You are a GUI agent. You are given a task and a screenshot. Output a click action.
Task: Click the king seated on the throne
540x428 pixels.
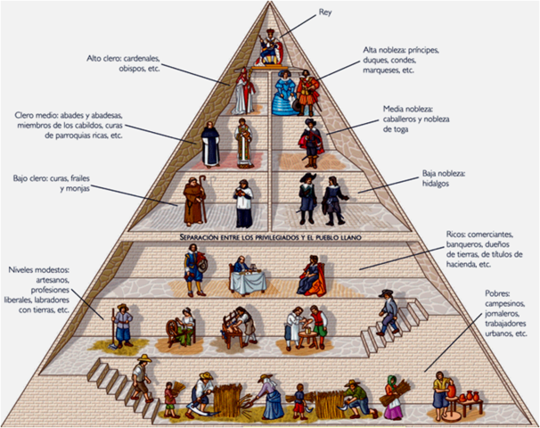click(268, 46)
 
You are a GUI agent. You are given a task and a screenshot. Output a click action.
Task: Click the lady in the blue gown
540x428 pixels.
click(284, 92)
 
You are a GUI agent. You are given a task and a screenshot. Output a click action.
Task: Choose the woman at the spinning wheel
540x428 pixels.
click(184, 325)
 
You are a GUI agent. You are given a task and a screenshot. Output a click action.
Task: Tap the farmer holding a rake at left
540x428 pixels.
click(122, 325)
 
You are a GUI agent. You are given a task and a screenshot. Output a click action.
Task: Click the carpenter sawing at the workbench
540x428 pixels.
click(238, 325)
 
